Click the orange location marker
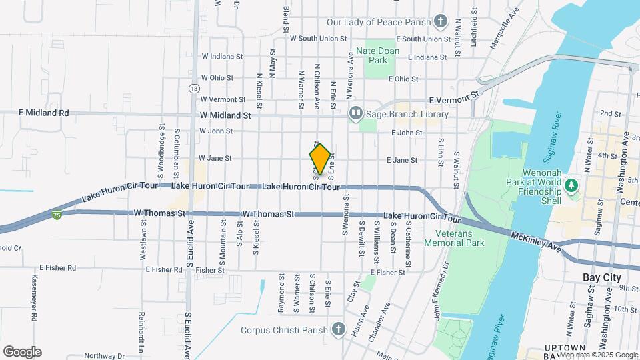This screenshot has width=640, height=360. point(320,159)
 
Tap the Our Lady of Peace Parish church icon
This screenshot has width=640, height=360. point(440,22)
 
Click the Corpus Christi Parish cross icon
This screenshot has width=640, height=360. point(338,329)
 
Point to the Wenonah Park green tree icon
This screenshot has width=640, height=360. point(571,184)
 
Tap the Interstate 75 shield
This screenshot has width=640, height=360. point(57,215)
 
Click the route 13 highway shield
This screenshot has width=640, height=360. point(193,88)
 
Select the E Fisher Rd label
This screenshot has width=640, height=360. point(57,268)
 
